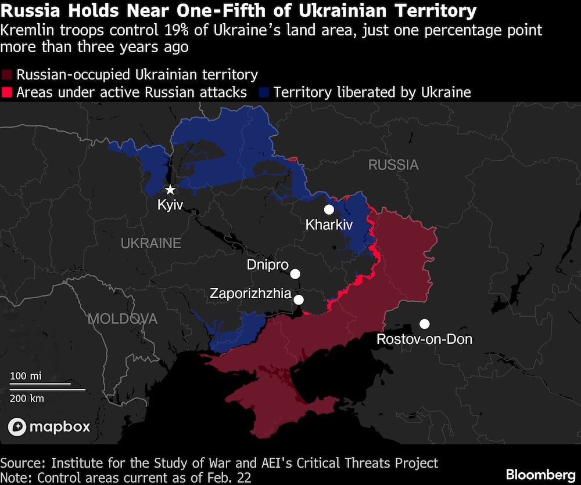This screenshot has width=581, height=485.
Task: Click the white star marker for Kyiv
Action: (170, 190)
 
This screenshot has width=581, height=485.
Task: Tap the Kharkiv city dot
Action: (329, 209)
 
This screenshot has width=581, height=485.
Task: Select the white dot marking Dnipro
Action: (295, 274)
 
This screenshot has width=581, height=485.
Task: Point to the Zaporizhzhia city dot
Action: (299, 299)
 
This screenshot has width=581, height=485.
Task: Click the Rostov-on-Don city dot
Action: (425, 324)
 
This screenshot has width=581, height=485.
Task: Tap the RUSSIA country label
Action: (393, 165)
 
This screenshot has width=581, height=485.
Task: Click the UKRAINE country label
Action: (151, 243)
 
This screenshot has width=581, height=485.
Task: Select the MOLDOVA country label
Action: (123, 318)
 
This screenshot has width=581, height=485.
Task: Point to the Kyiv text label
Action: (170, 205)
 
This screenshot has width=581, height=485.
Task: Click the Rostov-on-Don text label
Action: (425, 339)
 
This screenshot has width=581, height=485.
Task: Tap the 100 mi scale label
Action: (27, 376)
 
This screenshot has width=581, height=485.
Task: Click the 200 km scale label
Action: (27, 398)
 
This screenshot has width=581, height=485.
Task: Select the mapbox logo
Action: (49, 427)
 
